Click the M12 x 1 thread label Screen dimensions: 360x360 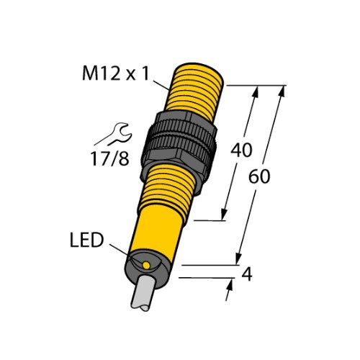coord(116,73)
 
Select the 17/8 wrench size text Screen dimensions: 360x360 coord(110,158)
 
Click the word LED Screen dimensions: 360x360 coord(86,240)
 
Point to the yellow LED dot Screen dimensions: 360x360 coord(146,265)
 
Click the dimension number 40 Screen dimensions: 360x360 coord(241,150)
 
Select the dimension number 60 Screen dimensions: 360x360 coord(259,176)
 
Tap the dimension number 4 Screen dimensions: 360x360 coord(247,275)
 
